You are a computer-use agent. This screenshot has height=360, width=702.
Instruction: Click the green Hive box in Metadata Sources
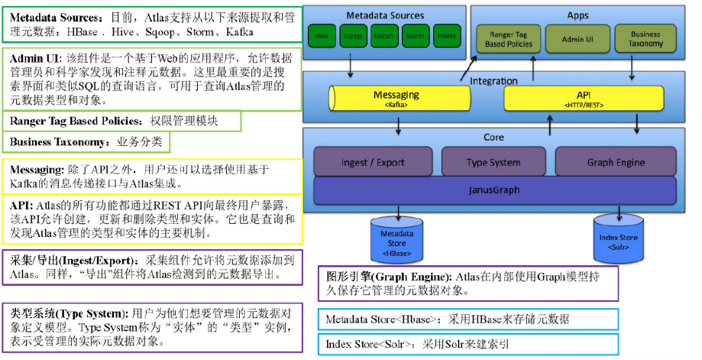(322, 36)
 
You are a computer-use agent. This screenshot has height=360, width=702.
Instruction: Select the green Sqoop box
(352, 36)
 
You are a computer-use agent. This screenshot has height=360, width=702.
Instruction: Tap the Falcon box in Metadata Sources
(383, 36)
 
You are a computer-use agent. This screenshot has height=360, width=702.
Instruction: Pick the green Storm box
(415, 36)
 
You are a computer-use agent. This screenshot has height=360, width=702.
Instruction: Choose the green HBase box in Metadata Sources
(445, 36)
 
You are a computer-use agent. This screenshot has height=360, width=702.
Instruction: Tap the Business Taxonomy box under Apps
(645, 39)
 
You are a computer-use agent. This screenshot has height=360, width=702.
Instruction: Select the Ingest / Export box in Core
(372, 162)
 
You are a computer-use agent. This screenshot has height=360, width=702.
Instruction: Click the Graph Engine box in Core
(616, 162)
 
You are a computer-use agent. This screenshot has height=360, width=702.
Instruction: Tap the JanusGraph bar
(494, 188)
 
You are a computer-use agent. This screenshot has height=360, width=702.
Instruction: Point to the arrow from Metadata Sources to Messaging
(351, 67)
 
